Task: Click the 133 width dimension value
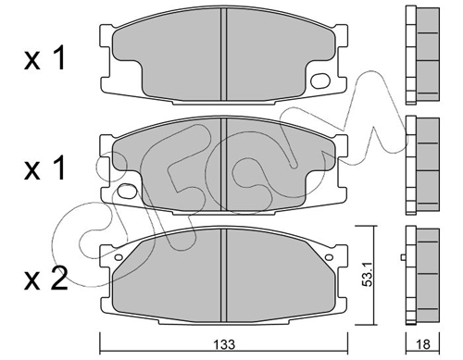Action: click(x=225, y=344)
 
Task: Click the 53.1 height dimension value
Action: click(x=368, y=275)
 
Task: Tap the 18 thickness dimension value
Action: click(x=423, y=344)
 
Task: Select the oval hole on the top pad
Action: click(x=320, y=81)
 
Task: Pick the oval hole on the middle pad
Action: click(x=127, y=191)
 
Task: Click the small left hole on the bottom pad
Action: click(x=119, y=257)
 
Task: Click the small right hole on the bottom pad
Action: click(x=329, y=257)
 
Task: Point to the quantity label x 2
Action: click(x=46, y=279)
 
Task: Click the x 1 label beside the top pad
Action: click(x=44, y=57)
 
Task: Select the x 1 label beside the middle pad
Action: click(x=44, y=168)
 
